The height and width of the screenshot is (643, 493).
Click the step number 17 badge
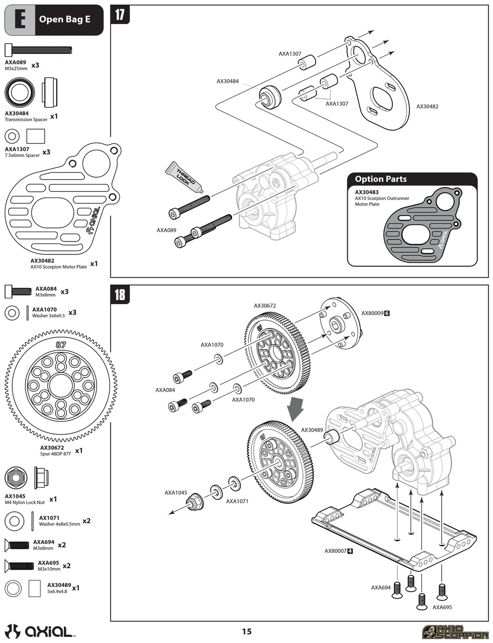pos(120,15)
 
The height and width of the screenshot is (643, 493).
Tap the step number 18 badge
pos(120,294)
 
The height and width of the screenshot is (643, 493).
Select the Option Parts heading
pos(381,179)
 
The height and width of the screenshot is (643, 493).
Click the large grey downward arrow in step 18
pos(296,409)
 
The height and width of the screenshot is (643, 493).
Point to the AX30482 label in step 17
pos(427,107)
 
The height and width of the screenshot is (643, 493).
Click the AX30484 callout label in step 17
pos(228,81)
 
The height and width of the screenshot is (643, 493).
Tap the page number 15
pos(246,631)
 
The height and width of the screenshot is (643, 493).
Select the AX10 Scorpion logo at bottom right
pos(455,632)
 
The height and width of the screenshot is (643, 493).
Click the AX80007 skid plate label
pos(335,551)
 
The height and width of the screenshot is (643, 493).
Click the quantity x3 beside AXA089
pos(35,66)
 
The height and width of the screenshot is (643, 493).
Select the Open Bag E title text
pos(64,20)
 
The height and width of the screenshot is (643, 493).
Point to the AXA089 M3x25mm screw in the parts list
pos(38,50)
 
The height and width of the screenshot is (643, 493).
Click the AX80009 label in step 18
pos(372,313)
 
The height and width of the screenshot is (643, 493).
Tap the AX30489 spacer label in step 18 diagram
pos(312,430)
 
